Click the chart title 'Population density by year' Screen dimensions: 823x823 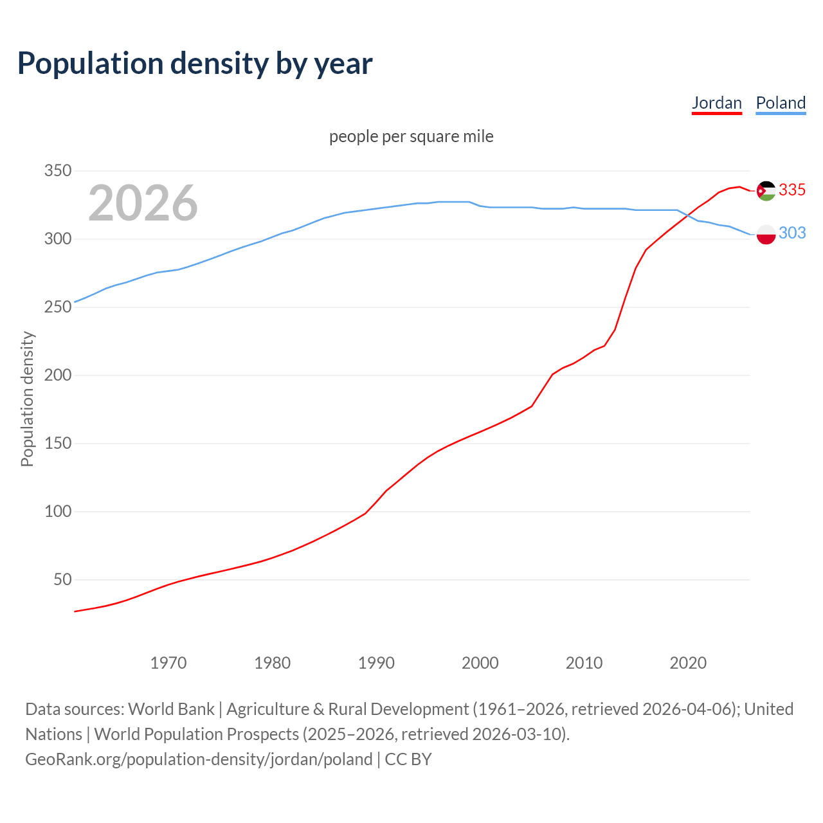(195, 64)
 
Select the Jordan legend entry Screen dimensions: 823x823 (716, 103)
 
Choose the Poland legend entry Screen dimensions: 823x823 (781, 103)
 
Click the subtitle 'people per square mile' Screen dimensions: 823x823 (411, 136)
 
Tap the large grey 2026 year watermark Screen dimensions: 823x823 (143, 203)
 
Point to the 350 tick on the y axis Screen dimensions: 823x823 (57, 171)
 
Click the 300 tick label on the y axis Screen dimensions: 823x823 (57, 239)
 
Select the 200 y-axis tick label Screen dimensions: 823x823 (57, 375)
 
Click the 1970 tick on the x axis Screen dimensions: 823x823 (168, 663)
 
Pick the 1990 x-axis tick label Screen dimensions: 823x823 (376, 663)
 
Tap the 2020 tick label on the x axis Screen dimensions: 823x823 (688, 663)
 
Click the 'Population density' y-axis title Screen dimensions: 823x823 (27, 399)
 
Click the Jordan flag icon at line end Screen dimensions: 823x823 (766, 190)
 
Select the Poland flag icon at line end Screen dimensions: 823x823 (766, 235)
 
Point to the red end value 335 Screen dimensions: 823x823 (792, 190)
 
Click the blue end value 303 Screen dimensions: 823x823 (792, 233)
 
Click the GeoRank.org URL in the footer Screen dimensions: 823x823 (199, 759)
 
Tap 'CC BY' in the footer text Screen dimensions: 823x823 (408, 759)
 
